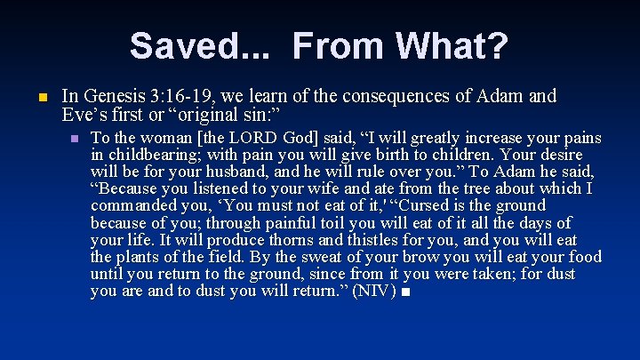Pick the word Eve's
(81, 114)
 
